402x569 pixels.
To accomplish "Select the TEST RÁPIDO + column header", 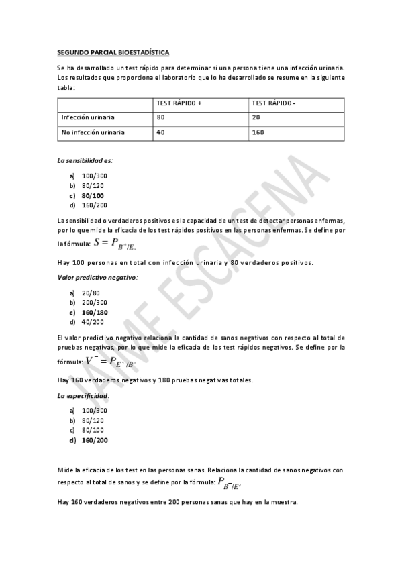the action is [x=179, y=104].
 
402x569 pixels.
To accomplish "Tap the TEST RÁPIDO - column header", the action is [x=273, y=104].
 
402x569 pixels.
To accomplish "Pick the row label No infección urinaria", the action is [x=93, y=132].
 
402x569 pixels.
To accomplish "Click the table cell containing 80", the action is [x=160, y=118].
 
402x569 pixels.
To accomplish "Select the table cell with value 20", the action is [x=256, y=118].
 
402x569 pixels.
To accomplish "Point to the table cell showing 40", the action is [x=160, y=132].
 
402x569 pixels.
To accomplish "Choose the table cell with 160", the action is [x=258, y=132].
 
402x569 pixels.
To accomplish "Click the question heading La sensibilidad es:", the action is [x=85, y=161].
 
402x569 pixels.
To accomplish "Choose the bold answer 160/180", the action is [x=95, y=313].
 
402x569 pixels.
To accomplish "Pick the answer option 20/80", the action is [x=91, y=293].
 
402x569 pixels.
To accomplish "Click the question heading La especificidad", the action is [x=84, y=395].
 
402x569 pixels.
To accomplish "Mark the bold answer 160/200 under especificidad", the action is [x=95, y=441].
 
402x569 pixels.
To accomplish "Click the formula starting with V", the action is [x=97, y=362].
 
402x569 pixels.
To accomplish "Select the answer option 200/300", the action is [x=94, y=303].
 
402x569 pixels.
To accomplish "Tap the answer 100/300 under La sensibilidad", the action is [x=94, y=175].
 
